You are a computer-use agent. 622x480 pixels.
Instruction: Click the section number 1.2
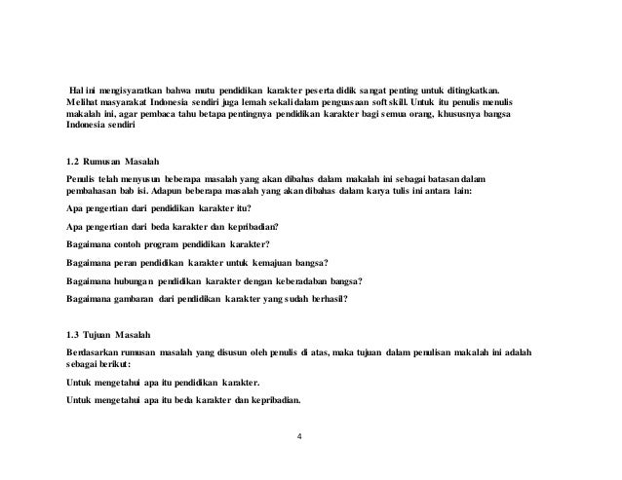(x=70, y=159)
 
